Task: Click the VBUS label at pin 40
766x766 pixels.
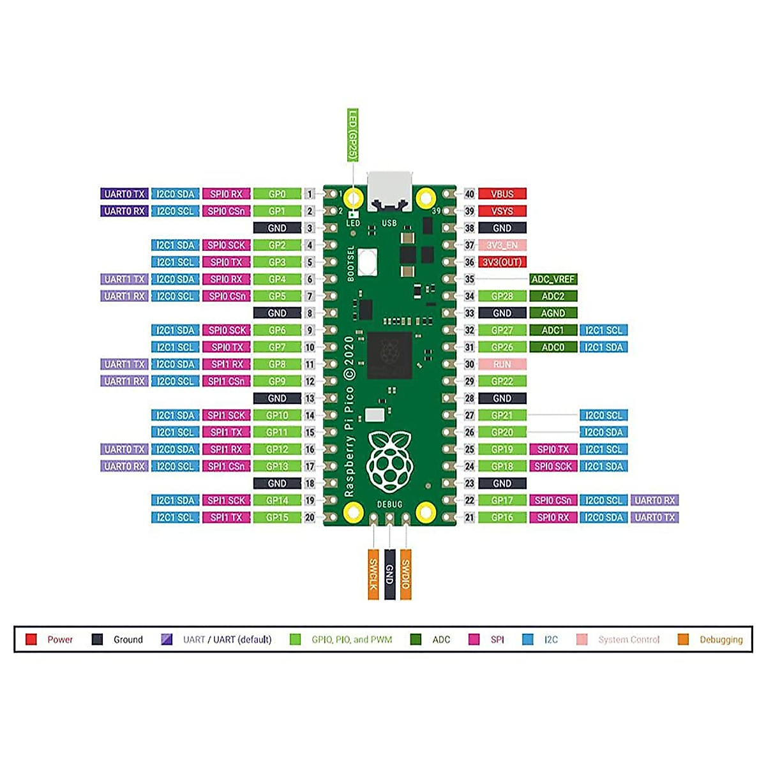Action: [502, 194]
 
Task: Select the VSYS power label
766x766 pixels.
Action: [502, 211]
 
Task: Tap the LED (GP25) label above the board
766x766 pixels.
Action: [352, 135]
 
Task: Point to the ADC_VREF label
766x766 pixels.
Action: [553, 279]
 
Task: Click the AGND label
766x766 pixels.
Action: [553, 313]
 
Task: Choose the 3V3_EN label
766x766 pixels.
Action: [502, 245]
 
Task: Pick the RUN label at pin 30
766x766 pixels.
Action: [502, 364]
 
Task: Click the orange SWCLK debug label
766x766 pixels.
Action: [373, 574]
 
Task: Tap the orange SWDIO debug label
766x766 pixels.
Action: [405, 574]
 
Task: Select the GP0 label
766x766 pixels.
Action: [277, 194]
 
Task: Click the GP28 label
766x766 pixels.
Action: [502, 296]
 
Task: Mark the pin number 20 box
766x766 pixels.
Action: [310, 518]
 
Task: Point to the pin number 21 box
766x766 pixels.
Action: [470, 518]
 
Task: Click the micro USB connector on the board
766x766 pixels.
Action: [389, 191]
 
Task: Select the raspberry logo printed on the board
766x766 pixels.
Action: [389, 460]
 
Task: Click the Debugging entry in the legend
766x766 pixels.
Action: [721, 640]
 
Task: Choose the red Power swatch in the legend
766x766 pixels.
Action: [31, 640]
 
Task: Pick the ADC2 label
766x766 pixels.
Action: [553, 296]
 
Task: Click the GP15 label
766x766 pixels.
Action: [277, 518]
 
